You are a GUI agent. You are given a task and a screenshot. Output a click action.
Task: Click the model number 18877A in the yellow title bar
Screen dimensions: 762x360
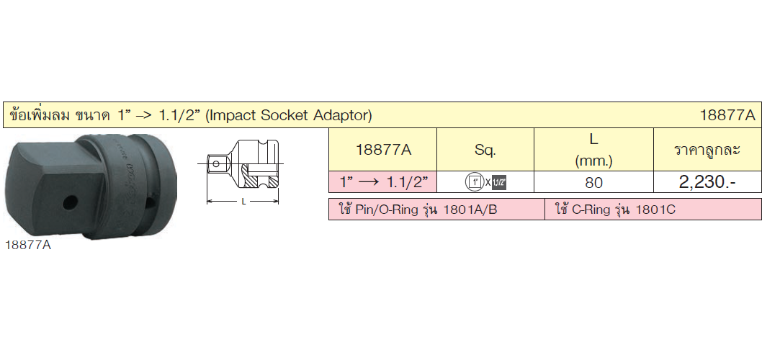(x=727, y=115)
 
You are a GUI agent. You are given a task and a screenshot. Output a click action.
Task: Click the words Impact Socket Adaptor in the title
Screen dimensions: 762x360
(x=290, y=115)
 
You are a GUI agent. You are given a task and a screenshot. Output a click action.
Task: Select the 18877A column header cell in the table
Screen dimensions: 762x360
(x=383, y=150)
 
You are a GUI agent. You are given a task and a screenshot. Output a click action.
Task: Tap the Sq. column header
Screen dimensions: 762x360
(x=485, y=150)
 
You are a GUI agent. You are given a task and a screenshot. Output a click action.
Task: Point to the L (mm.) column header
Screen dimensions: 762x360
(x=593, y=150)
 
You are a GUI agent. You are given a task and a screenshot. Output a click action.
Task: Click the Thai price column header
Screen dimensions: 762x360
(x=707, y=150)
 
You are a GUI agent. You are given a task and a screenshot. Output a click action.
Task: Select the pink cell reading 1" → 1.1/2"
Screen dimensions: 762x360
(x=383, y=182)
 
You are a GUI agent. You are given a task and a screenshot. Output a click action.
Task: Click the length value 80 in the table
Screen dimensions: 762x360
(x=593, y=183)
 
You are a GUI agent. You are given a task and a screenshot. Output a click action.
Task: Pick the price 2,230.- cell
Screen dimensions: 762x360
(x=707, y=182)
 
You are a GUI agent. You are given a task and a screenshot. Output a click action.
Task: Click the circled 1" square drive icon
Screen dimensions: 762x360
(x=473, y=183)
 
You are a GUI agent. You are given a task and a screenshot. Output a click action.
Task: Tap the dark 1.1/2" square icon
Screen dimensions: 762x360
(x=498, y=183)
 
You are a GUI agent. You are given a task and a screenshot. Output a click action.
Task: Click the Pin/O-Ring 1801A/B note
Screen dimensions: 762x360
(x=418, y=210)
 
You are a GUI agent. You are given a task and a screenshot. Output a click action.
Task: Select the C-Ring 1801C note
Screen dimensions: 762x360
(x=615, y=210)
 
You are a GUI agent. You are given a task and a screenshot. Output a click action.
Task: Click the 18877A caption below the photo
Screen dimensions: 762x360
(x=27, y=246)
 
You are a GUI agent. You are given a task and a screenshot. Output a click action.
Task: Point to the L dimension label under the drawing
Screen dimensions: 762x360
(x=243, y=202)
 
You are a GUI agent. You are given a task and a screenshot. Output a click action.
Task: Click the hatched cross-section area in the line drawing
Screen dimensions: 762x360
(x=248, y=181)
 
